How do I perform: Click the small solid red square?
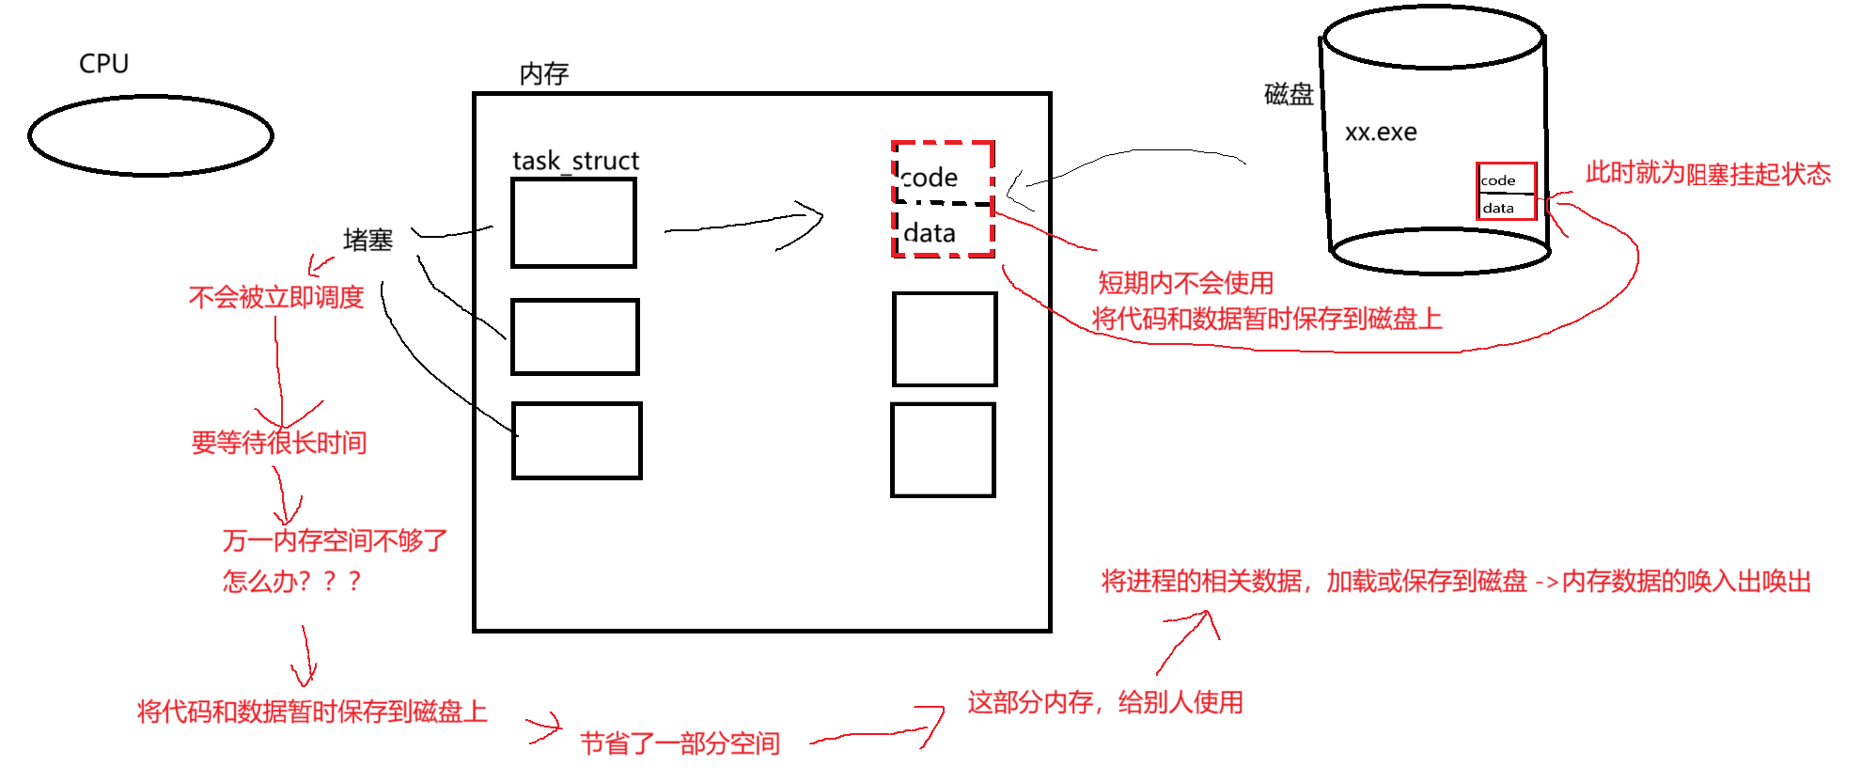pos(1505,191)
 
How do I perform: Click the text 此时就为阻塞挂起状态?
pos(1708,174)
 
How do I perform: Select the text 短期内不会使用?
pos(1185,283)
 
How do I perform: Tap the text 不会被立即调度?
pos(276,298)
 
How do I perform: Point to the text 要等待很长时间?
pos(279,443)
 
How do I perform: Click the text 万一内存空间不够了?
pos(336,540)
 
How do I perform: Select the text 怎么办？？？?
pos(291,581)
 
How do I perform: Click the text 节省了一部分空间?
pos(680,743)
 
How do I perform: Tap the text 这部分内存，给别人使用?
pos(1105,702)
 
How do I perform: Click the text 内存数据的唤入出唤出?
pos(1687,582)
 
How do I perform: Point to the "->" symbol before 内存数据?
pos(1546,583)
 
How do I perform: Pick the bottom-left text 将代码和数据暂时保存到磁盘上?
pos(312,712)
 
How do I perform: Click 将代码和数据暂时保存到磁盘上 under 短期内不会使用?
pos(1266,320)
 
